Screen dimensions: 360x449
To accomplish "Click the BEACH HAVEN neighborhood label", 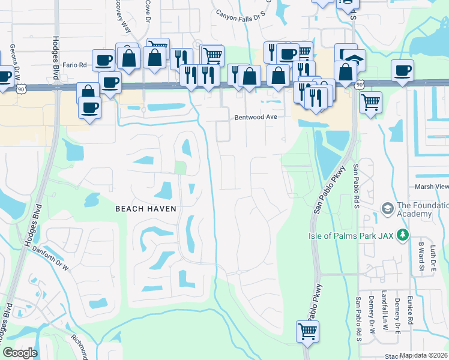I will (x=146, y=208).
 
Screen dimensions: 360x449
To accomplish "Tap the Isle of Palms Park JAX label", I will (x=351, y=235).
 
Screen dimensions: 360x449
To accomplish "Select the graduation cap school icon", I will (x=387, y=208).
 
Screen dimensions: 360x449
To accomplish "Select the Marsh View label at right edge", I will (x=432, y=187).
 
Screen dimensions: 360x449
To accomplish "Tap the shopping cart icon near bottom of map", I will (x=307, y=330).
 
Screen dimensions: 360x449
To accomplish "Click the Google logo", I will (x=20, y=353).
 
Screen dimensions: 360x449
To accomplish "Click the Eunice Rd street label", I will (x=411, y=313).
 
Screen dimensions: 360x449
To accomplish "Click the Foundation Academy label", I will (x=423, y=210).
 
